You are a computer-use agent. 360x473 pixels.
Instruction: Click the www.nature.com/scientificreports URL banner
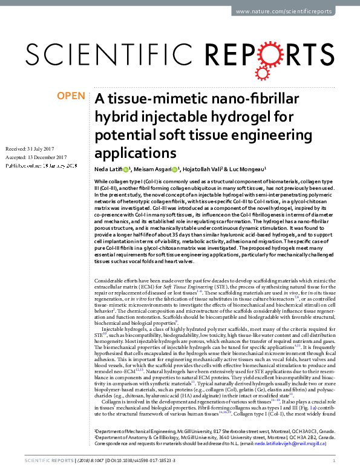click(284, 11)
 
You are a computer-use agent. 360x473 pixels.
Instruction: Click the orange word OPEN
click(70, 96)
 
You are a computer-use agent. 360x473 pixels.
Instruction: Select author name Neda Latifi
click(108, 169)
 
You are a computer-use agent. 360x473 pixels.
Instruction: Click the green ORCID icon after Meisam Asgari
click(175, 169)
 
